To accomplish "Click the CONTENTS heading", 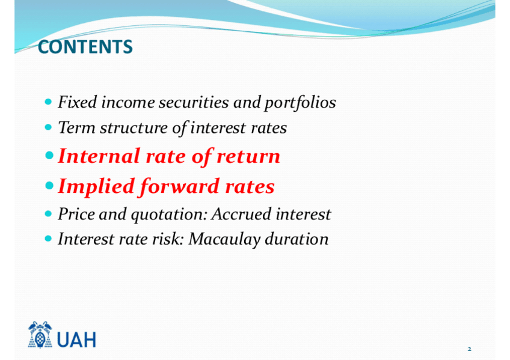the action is pos(85,47).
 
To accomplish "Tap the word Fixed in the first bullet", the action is pos(78,102).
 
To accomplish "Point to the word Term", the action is pos(77,127).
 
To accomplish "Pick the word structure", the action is pos(134,127).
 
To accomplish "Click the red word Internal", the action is pos(99,156).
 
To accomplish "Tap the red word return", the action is pos(248,157).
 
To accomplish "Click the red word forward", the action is pos(180,186).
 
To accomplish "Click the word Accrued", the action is pos(241,214).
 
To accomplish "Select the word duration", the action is pos(296,239).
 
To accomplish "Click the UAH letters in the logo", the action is pos(77,340).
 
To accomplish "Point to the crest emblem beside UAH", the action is pos(40,335).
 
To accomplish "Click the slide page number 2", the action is pos(469,349).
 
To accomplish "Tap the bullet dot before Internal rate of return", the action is pos(49,155).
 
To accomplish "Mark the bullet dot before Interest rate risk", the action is pos(48,239).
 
